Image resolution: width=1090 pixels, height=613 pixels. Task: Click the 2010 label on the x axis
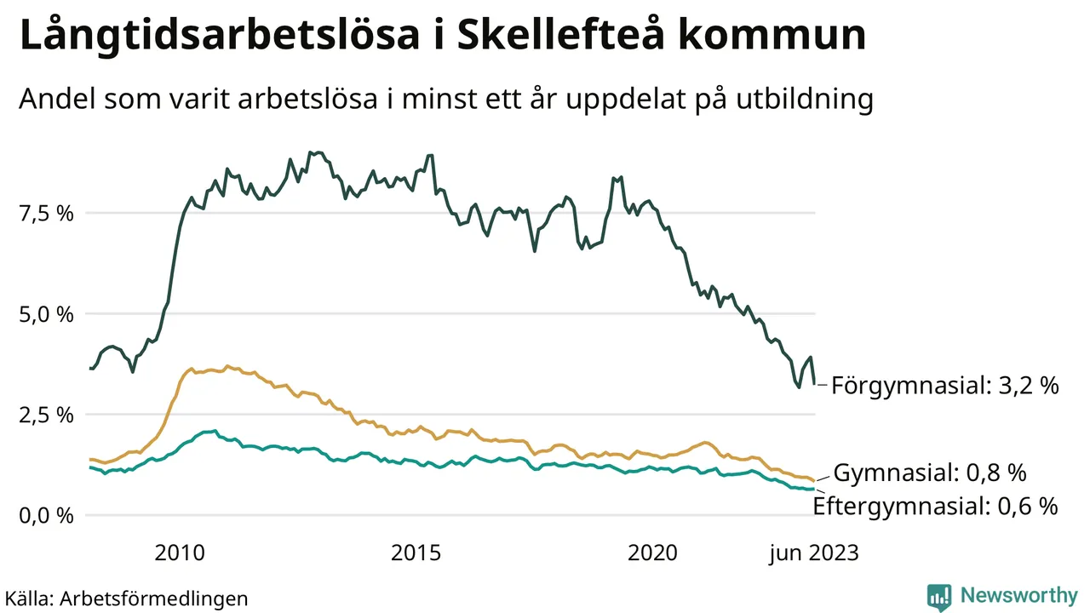click(180, 553)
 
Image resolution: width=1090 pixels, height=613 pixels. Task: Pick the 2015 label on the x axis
click(416, 553)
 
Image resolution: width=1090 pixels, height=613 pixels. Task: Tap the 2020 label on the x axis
click(653, 553)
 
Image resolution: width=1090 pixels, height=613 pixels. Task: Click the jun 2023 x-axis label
click(814, 553)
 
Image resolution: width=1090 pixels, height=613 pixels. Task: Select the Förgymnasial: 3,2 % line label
click(945, 386)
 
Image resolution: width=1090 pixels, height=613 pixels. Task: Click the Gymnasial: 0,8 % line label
click(929, 473)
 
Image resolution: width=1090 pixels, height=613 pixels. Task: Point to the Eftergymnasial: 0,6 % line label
click(936, 507)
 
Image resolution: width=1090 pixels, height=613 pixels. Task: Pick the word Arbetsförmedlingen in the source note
click(154, 599)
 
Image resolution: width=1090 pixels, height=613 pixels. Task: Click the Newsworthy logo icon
click(939, 597)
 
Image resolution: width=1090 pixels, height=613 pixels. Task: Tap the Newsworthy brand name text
click(1018, 595)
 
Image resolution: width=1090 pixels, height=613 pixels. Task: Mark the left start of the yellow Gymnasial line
click(90, 459)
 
